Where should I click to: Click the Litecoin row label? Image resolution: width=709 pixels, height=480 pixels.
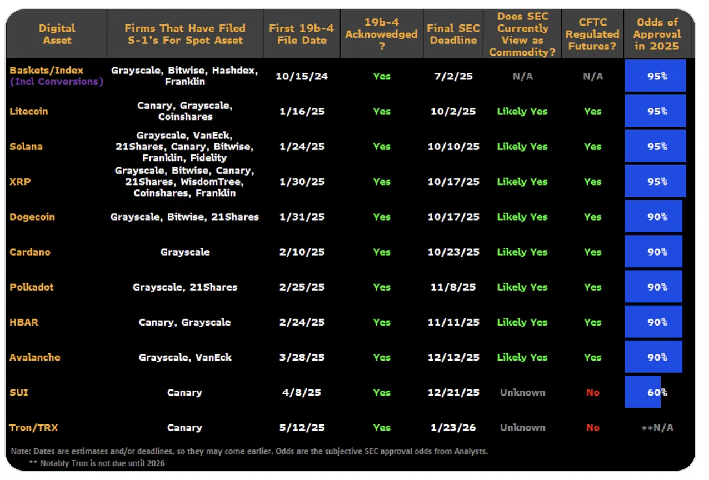tap(29, 111)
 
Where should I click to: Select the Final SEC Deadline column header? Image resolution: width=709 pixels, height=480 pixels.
tap(453, 34)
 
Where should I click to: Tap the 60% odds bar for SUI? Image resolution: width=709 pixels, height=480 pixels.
tap(642, 392)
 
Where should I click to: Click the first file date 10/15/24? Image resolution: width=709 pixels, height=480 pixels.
tap(302, 76)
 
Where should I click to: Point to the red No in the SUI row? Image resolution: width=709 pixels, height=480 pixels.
tap(592, 392)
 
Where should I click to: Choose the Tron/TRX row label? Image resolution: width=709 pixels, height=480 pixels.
tap(33, 427)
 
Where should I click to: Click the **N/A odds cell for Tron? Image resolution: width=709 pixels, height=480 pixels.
tap(657, 428)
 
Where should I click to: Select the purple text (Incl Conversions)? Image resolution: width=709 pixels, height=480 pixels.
tap(57, 82)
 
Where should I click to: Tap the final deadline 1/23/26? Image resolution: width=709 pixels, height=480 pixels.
tap(453, 427)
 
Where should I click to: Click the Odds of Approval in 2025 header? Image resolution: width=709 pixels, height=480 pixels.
tap(657, 34)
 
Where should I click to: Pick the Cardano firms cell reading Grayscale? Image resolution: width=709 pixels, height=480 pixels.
tap(185, 252)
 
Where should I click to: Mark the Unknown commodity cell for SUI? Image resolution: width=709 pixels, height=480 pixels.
tap(522, 392)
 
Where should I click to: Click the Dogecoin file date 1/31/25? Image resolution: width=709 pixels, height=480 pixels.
tap(302, 217)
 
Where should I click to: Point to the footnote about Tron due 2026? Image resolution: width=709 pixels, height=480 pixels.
tap(97, 463)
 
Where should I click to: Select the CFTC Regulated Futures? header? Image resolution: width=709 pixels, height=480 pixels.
tap(592, 34)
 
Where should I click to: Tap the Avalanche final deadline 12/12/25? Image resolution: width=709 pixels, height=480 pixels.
tap(453, 357)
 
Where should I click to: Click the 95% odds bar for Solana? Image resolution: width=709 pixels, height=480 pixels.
tap(655, 146)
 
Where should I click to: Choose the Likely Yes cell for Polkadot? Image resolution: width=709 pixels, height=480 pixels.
tap(522, 287)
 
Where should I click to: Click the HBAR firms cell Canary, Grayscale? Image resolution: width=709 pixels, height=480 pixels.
tap(185, 322)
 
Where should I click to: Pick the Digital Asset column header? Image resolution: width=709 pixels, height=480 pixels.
tap(57, 34)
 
